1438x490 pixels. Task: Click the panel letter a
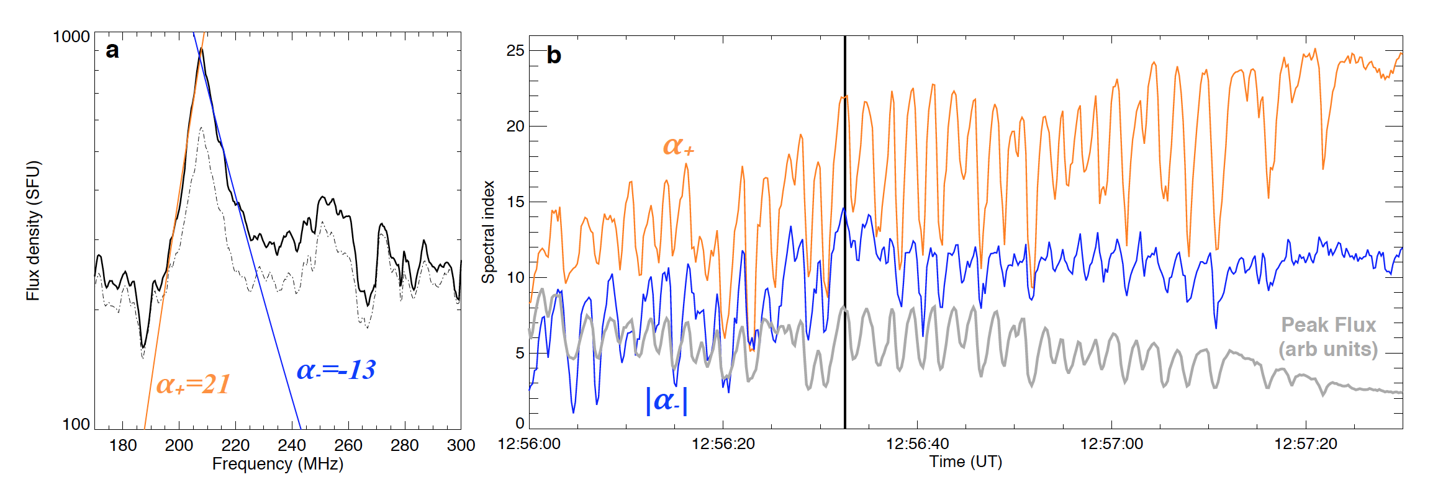[x=112, y=50]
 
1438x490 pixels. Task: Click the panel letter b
[x=553, y=56]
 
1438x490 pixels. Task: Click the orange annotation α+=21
[x=193, y=385]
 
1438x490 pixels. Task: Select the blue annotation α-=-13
[x=336, y=370]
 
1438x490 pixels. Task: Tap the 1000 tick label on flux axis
[x=71, y=37]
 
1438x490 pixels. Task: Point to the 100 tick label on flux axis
[x=76, y=424]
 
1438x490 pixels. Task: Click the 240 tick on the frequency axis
[x=292, y=445]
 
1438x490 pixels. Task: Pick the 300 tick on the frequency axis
[x=461, y=445]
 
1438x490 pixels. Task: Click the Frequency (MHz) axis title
[x=278, y=464]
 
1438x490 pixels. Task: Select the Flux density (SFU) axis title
[x=33, y=231]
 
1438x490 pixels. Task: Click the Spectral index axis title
[x=489, y=232]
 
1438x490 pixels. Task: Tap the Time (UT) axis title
[x=965, y=462]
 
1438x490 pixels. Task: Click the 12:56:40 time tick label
[x=917, y=444]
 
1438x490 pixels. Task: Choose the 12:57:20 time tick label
[x=1305, y=444]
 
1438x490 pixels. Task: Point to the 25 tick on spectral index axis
[x=515, y=50]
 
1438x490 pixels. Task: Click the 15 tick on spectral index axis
[x=515, y=202]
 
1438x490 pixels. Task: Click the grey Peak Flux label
[x=1328, y=337]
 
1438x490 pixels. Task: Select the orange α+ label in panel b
[x=678, y=146]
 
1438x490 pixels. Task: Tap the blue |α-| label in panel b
[x=667, y=400]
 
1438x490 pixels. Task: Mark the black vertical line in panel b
[x=844, y=248]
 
